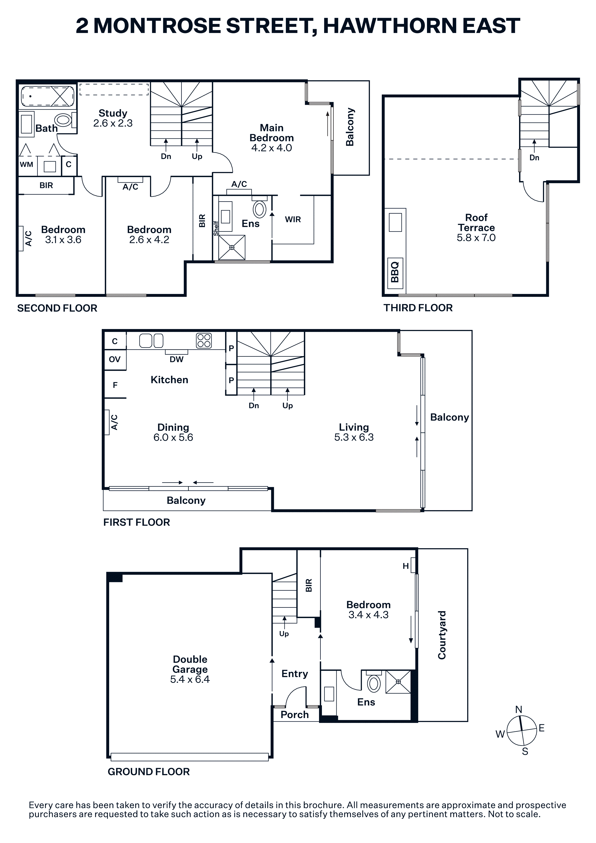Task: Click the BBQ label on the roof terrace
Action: pyautogui.click(x=395, y=272)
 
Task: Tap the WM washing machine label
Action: pyautogui.click(x=26, y=164)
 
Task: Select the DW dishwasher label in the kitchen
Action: pyautogui.click(x=176, y=360)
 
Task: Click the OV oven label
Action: pyautogui.click(x=115, y=360)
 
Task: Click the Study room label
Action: pyautogui.click(x=113, y=113)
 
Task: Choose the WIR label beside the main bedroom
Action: pyautogui.click(x=293, y=220)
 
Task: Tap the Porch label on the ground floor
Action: pyautogui.click(x=295, y=714)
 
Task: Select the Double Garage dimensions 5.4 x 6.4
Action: pyautogui.click(x=190, y=679)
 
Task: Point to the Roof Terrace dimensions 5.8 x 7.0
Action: pyautogui.click(x=476, y=238)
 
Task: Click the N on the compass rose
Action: pyautogui.click(x=519, y=710)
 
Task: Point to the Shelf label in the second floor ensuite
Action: pyautogui.click(x=216, y=228)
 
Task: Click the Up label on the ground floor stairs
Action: pyautogui.click(x=284, y=634)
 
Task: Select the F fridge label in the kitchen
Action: pyautogui.click(x=115, y=385)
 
